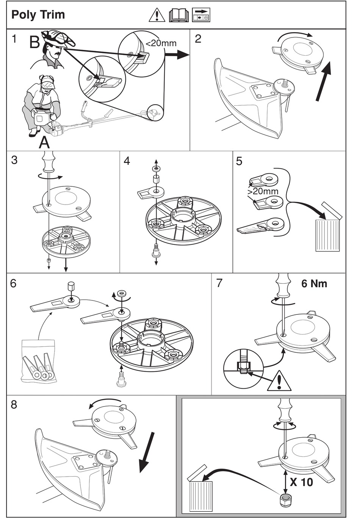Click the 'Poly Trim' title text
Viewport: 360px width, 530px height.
pos(38,15)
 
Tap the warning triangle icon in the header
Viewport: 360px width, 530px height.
pos(157,15)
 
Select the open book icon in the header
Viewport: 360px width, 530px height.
pos(178,15)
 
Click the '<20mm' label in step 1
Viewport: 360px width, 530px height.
pos(161,43)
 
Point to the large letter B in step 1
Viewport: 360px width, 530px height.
pos(34,42)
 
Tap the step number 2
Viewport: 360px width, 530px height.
pos(198,39)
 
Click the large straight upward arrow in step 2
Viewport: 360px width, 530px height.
pos(323,81)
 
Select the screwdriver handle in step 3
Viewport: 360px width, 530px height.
pos(49,161)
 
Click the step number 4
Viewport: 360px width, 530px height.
pos(127,161)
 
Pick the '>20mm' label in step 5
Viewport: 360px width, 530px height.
pos(263,191)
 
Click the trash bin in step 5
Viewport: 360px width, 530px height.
pos(328,231)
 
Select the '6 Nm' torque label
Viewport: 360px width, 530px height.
pos(314,284)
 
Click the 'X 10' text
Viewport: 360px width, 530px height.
pos(301,482)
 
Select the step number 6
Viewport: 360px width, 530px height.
pos(14,283)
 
